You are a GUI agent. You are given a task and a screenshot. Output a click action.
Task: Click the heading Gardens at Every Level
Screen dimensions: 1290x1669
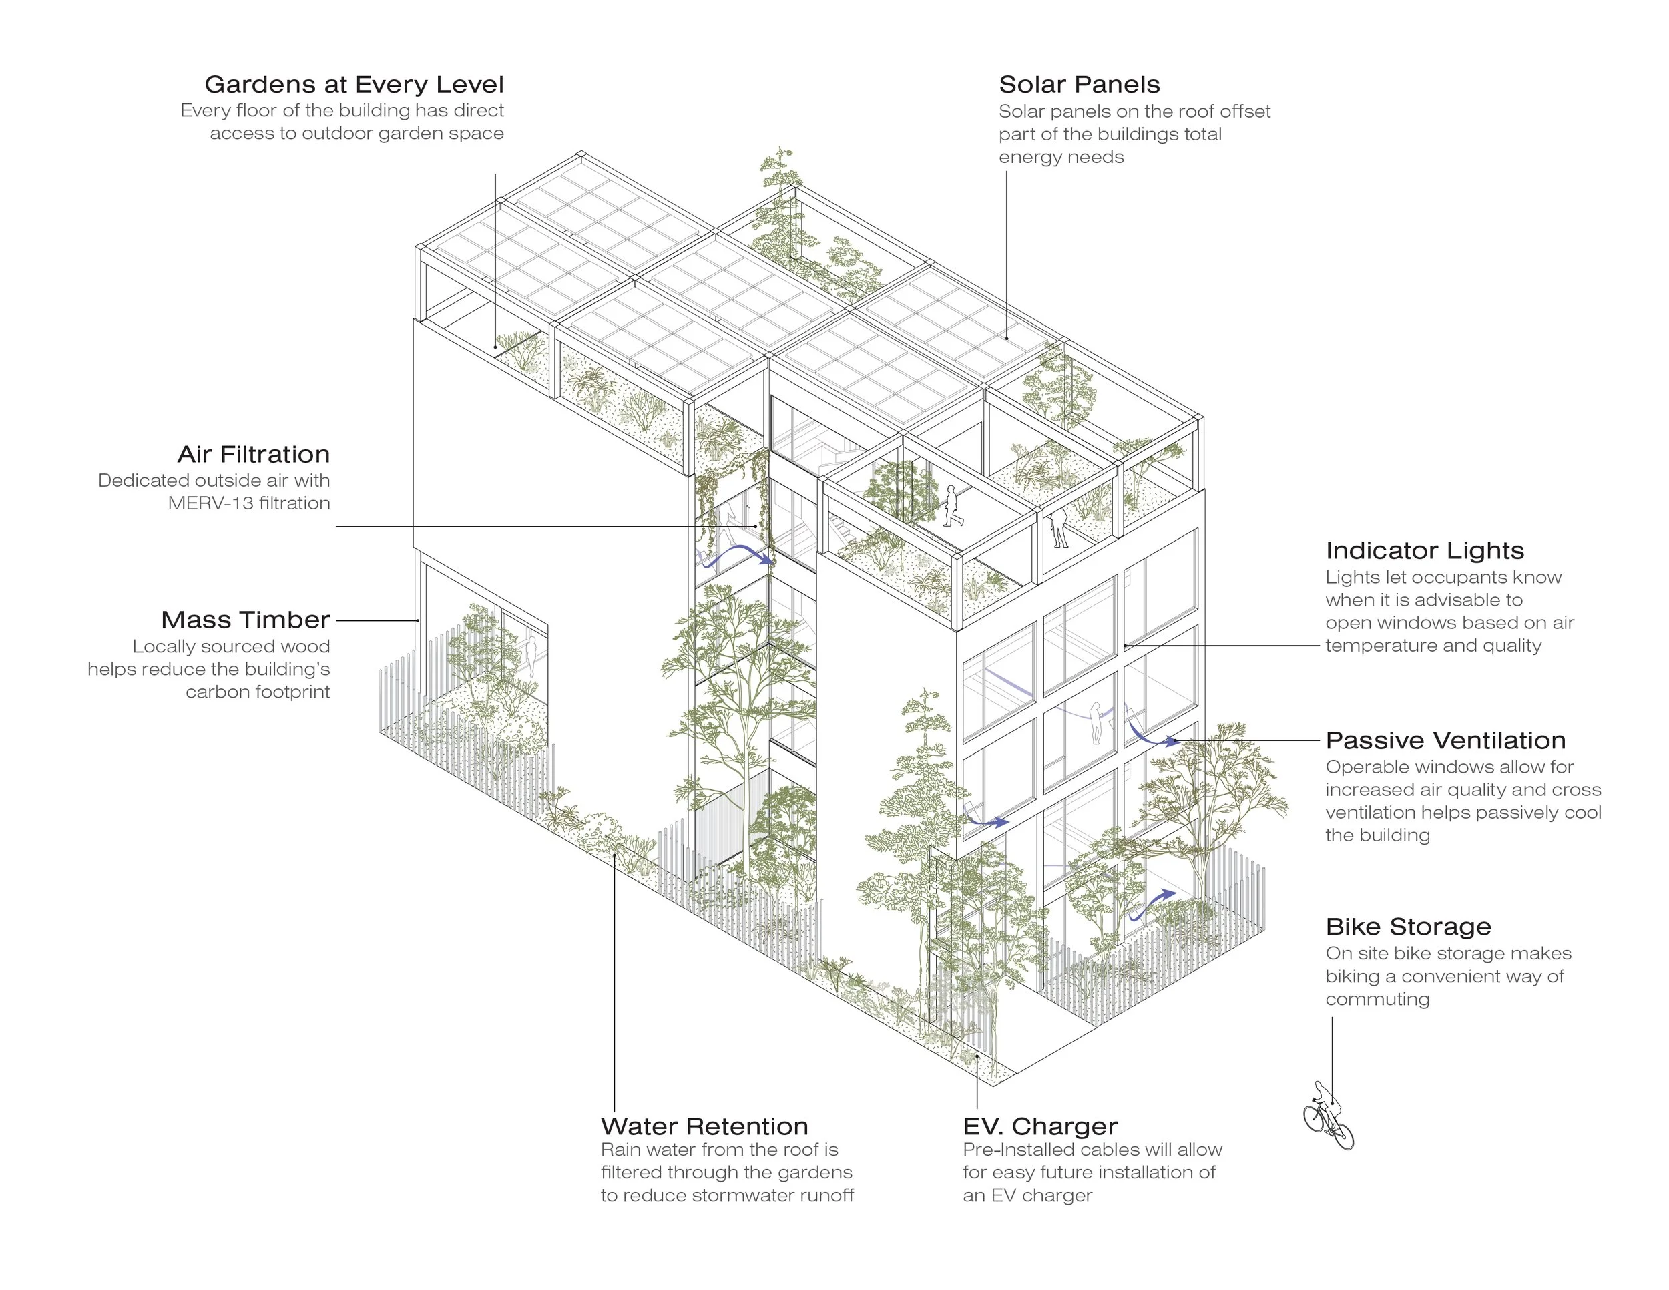coord(354,84)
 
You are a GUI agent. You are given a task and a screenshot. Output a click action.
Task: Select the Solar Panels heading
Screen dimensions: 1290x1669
coord(1079,84)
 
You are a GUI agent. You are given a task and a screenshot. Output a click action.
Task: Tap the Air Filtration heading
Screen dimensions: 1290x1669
coord(254,454)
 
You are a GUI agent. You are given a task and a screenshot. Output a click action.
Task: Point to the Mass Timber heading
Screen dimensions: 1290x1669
coord(245,619)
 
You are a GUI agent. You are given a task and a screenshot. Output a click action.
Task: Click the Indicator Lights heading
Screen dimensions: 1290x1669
coord(1425,550)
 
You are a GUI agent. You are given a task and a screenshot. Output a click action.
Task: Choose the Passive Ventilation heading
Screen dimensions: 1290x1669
coord(1445,740)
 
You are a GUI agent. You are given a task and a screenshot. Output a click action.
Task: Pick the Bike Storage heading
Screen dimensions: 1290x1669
coord(1408,926)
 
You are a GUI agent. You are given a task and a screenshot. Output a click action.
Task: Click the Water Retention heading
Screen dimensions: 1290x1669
coord(704,1126)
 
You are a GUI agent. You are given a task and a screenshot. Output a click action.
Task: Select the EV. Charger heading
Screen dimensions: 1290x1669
coord(1039,1126)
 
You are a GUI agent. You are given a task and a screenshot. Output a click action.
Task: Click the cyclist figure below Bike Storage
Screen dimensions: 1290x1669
coord(1328,1116)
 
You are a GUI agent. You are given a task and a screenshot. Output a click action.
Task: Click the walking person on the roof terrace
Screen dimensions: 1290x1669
coord(952,507)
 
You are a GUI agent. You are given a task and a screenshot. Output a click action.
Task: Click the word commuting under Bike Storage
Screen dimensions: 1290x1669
coord(1377,999)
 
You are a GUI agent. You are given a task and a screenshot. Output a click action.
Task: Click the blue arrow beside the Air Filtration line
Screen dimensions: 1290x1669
coord(738,554)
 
